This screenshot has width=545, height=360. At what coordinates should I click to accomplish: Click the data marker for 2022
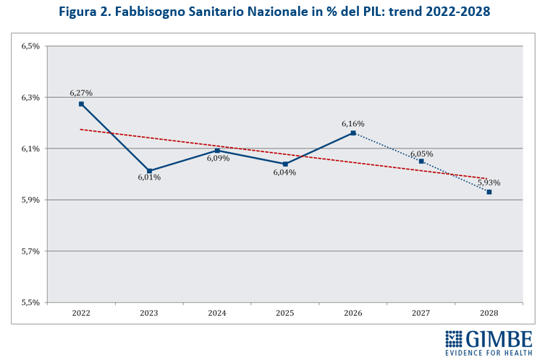click(x=81, y=104)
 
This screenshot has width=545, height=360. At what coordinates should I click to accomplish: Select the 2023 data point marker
click(x=149, y=171)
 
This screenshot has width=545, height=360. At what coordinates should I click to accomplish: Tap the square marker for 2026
click(x=353, y=133)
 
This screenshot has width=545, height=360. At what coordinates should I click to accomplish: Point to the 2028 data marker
click(x=489, y=192)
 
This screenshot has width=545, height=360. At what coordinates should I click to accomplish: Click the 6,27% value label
click(x=81, y=93)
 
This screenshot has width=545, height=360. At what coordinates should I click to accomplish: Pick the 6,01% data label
click(x=149, y=177)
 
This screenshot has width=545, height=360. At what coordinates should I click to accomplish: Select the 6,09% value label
click(x=218, y=158)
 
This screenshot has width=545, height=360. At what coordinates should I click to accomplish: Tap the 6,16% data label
click(x=353, y=124)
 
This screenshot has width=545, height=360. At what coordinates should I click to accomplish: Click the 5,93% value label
click(x=489, y=183)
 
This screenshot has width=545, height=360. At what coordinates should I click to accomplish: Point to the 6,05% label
click(x=421, y=154)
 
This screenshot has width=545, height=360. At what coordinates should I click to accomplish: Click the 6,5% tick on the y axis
click(x=30, y=46)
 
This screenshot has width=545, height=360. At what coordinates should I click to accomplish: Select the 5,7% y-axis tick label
click(x=30, y=251)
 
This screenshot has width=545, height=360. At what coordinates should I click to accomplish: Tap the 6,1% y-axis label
click(x=30, y=148)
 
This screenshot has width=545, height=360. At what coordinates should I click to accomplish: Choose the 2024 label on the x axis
click(x=217, y=313)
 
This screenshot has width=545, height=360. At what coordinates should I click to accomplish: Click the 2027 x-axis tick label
click(x=421, y=313)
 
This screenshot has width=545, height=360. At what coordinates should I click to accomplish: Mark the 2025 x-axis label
click(x=285, y=313)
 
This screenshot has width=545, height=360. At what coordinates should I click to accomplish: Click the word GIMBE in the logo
click(x=499, y=338)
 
